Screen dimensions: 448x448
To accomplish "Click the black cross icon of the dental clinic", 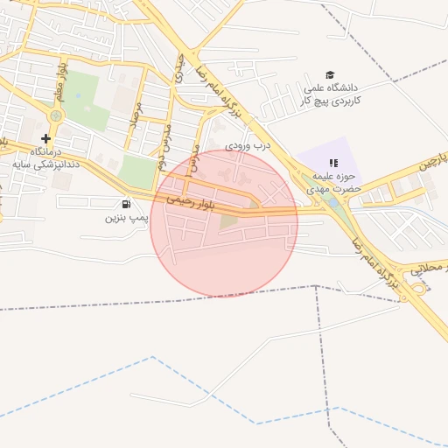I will pos(45,138).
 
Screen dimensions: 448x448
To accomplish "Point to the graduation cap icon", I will pos(330,75).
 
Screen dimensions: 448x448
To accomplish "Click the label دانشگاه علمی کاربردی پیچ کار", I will pos(332,94).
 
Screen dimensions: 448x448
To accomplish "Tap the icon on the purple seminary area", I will pos(332,162).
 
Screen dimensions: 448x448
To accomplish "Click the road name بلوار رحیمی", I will pos(189,202).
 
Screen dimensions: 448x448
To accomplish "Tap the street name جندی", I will pos(180,68).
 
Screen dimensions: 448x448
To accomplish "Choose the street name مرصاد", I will pos(134,115).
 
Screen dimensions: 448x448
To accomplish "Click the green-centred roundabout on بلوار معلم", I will pos(57,115).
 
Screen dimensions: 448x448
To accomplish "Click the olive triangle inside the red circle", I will pos(229,220).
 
